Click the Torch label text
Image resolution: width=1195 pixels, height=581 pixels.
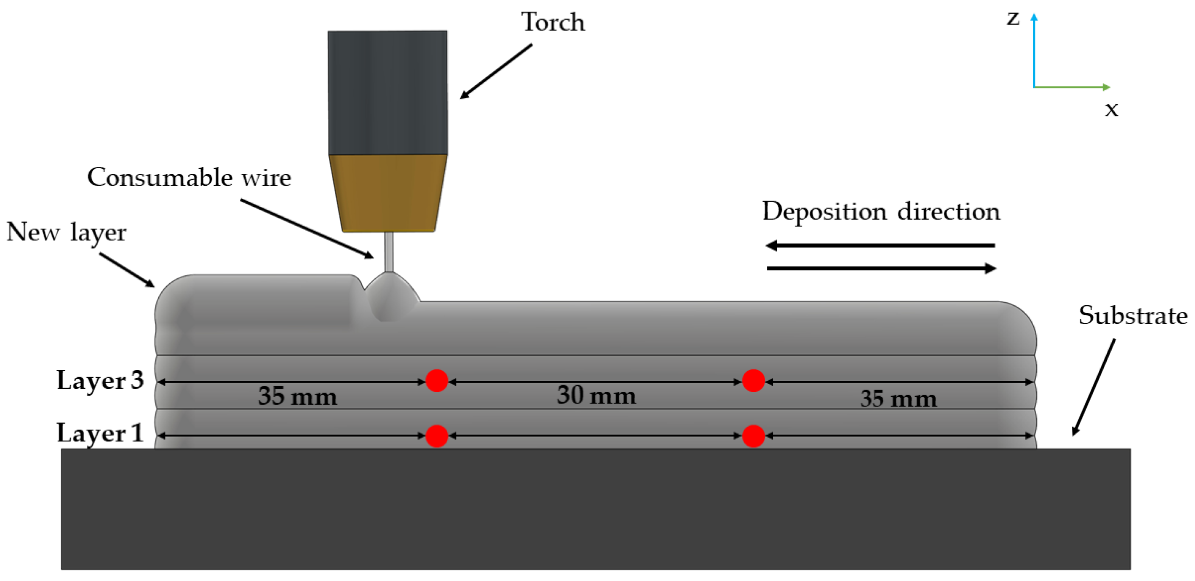click(x=553, y=22)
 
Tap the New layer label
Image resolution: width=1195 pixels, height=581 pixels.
click(x=66, y=232)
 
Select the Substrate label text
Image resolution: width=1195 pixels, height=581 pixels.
click(x=1133, y=316)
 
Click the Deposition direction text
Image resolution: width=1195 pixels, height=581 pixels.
click(x=881, y=211)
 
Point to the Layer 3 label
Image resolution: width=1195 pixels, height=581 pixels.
click(x=100, y=380)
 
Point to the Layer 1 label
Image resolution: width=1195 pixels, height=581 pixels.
click(x=100, y=433)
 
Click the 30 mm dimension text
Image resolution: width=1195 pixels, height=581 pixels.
click(x=597, y=395)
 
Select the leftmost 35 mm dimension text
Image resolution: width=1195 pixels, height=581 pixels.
click(x=297, y=396)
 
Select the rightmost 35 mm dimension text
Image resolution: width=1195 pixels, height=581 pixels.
click(x=898, y=399)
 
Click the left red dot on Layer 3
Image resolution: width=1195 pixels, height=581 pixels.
click(x=437, y=380)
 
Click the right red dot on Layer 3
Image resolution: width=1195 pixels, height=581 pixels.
click(x=753, y=380)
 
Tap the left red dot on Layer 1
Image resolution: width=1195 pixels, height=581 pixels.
click(x=437, y=436)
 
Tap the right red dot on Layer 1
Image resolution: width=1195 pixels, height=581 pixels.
click(x=753, y=436)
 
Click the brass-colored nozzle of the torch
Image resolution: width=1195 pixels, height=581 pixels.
click(x=388, y=193)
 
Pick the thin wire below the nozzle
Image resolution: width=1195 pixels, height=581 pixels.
click(x=389, y=251)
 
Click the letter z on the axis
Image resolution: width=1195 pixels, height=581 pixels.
click(x=1013, y=19)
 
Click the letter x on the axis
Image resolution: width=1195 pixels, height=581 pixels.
click(x=1111, y=110)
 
